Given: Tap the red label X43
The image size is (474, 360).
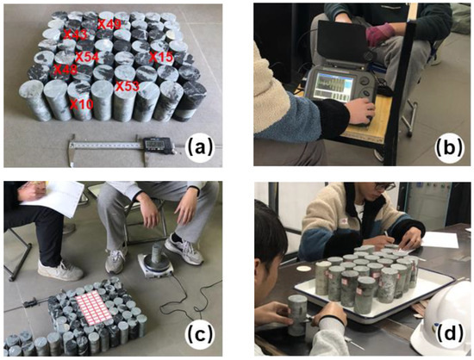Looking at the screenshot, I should (77, 34).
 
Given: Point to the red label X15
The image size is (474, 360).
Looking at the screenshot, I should (161, 57).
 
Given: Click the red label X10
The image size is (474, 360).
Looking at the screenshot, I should (81, 103).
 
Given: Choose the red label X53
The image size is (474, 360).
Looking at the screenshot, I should (128, 87).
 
